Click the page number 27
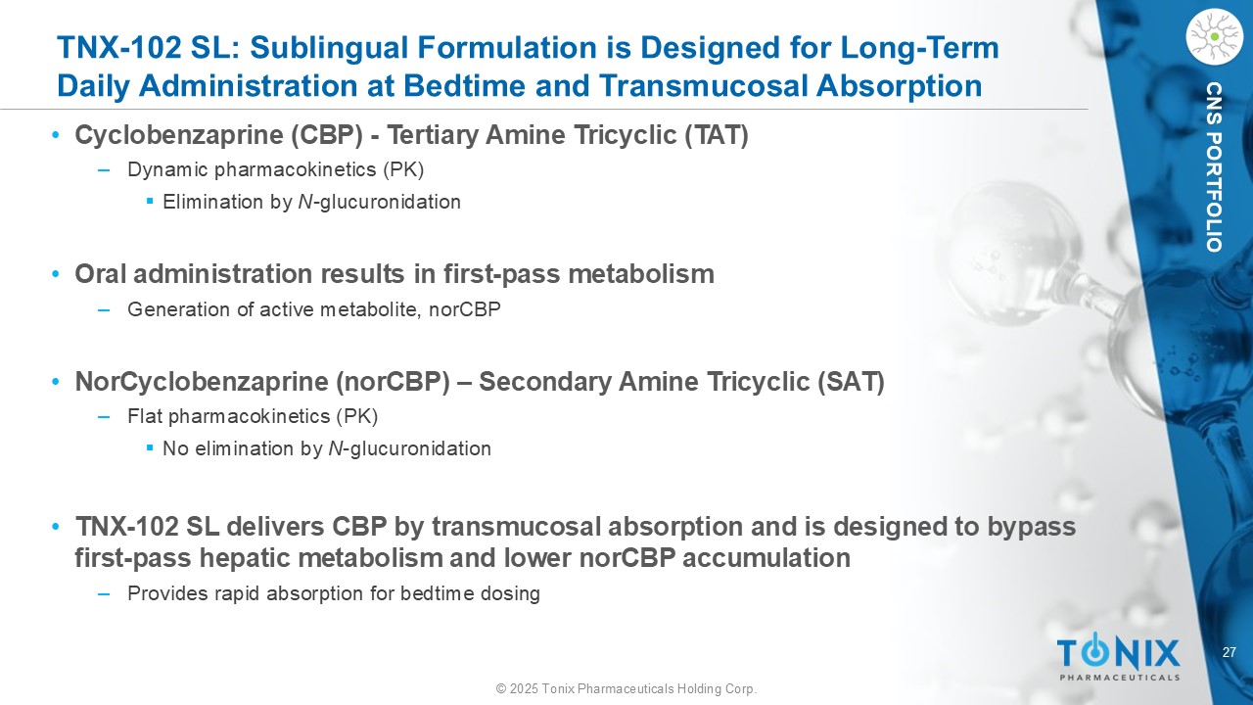[x=1229, y=652]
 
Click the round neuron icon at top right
[x=1214, y=37]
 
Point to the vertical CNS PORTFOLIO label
[x=1214, y=167]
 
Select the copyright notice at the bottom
[x=626, y=688]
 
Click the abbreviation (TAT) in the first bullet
[x=717, y=135]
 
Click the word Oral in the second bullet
[x=101, y=274]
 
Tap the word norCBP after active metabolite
[x=465, y=309]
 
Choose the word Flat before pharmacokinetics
[x=145, y=416]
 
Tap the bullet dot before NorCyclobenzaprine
[x=55, y=382]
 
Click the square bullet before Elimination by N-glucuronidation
[x=150, y=201]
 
